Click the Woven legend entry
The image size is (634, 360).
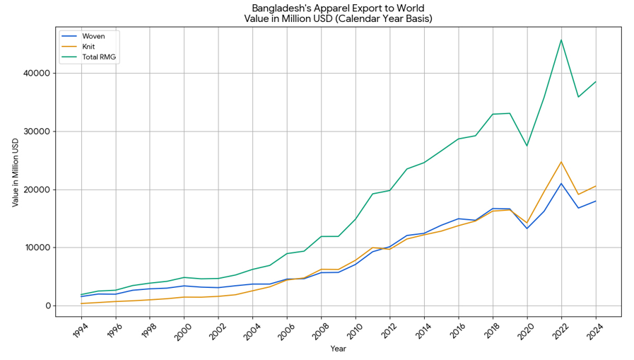click(93, 35)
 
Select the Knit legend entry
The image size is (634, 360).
click(89, 46)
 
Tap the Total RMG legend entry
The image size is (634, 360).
click(100, 57)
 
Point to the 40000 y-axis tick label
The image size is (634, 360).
click(36, 74)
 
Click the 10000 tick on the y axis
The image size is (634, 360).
click(36, 248)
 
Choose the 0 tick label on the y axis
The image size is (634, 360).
click(48, 306)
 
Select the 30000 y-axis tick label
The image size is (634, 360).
click(36, 132)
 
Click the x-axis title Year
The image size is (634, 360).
click(339, 349)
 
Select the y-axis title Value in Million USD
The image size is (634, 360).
click(16, 171)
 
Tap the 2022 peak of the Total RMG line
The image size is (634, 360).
click(561, 40)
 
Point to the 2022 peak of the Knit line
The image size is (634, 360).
click(561, 162)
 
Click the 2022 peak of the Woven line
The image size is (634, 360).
click(561, 183)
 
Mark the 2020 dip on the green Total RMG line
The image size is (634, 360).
click(527, 146)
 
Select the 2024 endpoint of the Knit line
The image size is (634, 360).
click(596, 186)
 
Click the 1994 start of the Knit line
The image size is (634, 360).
click(81, 303)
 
